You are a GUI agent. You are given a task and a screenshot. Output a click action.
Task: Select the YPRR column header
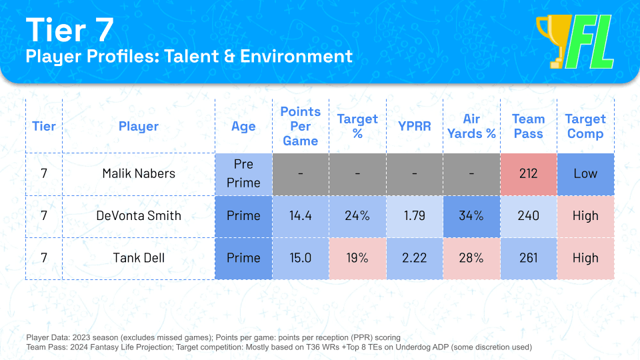415,126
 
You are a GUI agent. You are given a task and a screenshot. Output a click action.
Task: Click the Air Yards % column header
471,126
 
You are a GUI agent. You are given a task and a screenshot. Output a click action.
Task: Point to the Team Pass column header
528,126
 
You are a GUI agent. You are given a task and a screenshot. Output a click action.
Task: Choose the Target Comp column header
585,126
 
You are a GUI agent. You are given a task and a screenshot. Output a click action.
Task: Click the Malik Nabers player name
139,173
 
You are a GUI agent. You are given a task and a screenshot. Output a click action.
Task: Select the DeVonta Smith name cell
139,216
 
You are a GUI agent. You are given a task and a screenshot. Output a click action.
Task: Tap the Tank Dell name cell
139,258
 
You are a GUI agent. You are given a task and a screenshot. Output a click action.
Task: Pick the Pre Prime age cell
243,173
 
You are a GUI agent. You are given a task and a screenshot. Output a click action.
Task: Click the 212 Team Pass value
528,173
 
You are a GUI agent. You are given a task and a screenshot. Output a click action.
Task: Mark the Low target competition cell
585,173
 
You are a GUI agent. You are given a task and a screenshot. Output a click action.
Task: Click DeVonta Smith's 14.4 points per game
300,216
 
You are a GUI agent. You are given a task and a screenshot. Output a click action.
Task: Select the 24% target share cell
357,216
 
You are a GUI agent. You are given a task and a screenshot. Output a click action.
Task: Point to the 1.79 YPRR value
415,216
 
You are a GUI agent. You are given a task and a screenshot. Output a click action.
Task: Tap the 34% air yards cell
471,216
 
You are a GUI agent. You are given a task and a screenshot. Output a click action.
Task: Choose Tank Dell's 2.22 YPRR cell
415,258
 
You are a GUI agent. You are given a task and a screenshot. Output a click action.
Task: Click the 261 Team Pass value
528,258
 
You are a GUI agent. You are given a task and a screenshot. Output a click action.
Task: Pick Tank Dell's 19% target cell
357,258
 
